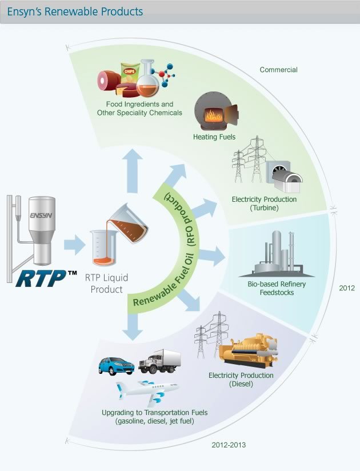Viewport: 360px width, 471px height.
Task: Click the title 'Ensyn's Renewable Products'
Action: click(75, 11)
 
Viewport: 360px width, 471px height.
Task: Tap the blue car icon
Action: click(116, 365)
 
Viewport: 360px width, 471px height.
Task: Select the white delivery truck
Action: click(159, 361)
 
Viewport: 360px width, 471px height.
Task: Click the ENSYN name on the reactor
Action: click(42, 216)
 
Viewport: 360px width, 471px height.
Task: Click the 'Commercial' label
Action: click(278, 70)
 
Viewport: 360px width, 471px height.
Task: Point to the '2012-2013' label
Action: click(229, 444)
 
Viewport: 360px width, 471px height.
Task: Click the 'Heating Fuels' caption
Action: click(214, 137)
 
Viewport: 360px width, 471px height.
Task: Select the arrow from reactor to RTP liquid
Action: click(74, 246)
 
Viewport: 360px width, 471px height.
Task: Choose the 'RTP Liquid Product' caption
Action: click(106, 284)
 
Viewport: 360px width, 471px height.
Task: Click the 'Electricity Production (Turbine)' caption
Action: click(263, 203)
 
